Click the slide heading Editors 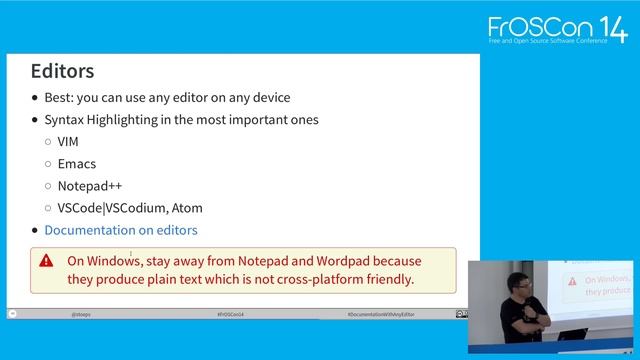[x=62, y=71]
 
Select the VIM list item [x=68, y=142]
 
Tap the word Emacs [x=77, y=164]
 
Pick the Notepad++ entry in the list [x=90, y=186]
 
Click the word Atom [x=185, y=208]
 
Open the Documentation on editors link [x=121, y=230]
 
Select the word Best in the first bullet [x=59, y=98]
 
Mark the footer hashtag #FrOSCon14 [x=231, y=314]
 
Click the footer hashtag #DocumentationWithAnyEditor [x=380, y=314]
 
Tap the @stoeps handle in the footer [x=83, y=314]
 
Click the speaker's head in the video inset [x=519, y=284]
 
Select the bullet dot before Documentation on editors [x=35, y=230]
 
